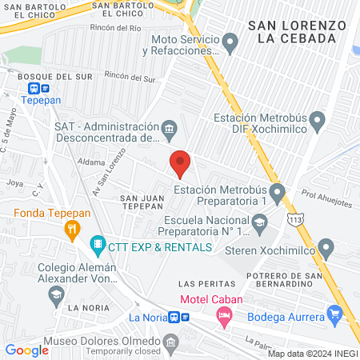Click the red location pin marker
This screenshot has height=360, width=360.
(x=180, y=164)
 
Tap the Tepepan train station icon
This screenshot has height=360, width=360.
(x=35, y=89)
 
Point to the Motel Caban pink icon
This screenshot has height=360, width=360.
(x=226, y=318)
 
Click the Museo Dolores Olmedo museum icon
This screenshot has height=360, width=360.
(x=170, y=345)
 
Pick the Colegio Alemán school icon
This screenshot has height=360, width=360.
(x=56, y=296)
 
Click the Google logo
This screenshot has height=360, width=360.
(x=26, y=350)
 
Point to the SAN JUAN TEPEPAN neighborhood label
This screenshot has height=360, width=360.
(x=142, y=201)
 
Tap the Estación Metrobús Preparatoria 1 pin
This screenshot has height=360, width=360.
(x=278, y=193)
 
